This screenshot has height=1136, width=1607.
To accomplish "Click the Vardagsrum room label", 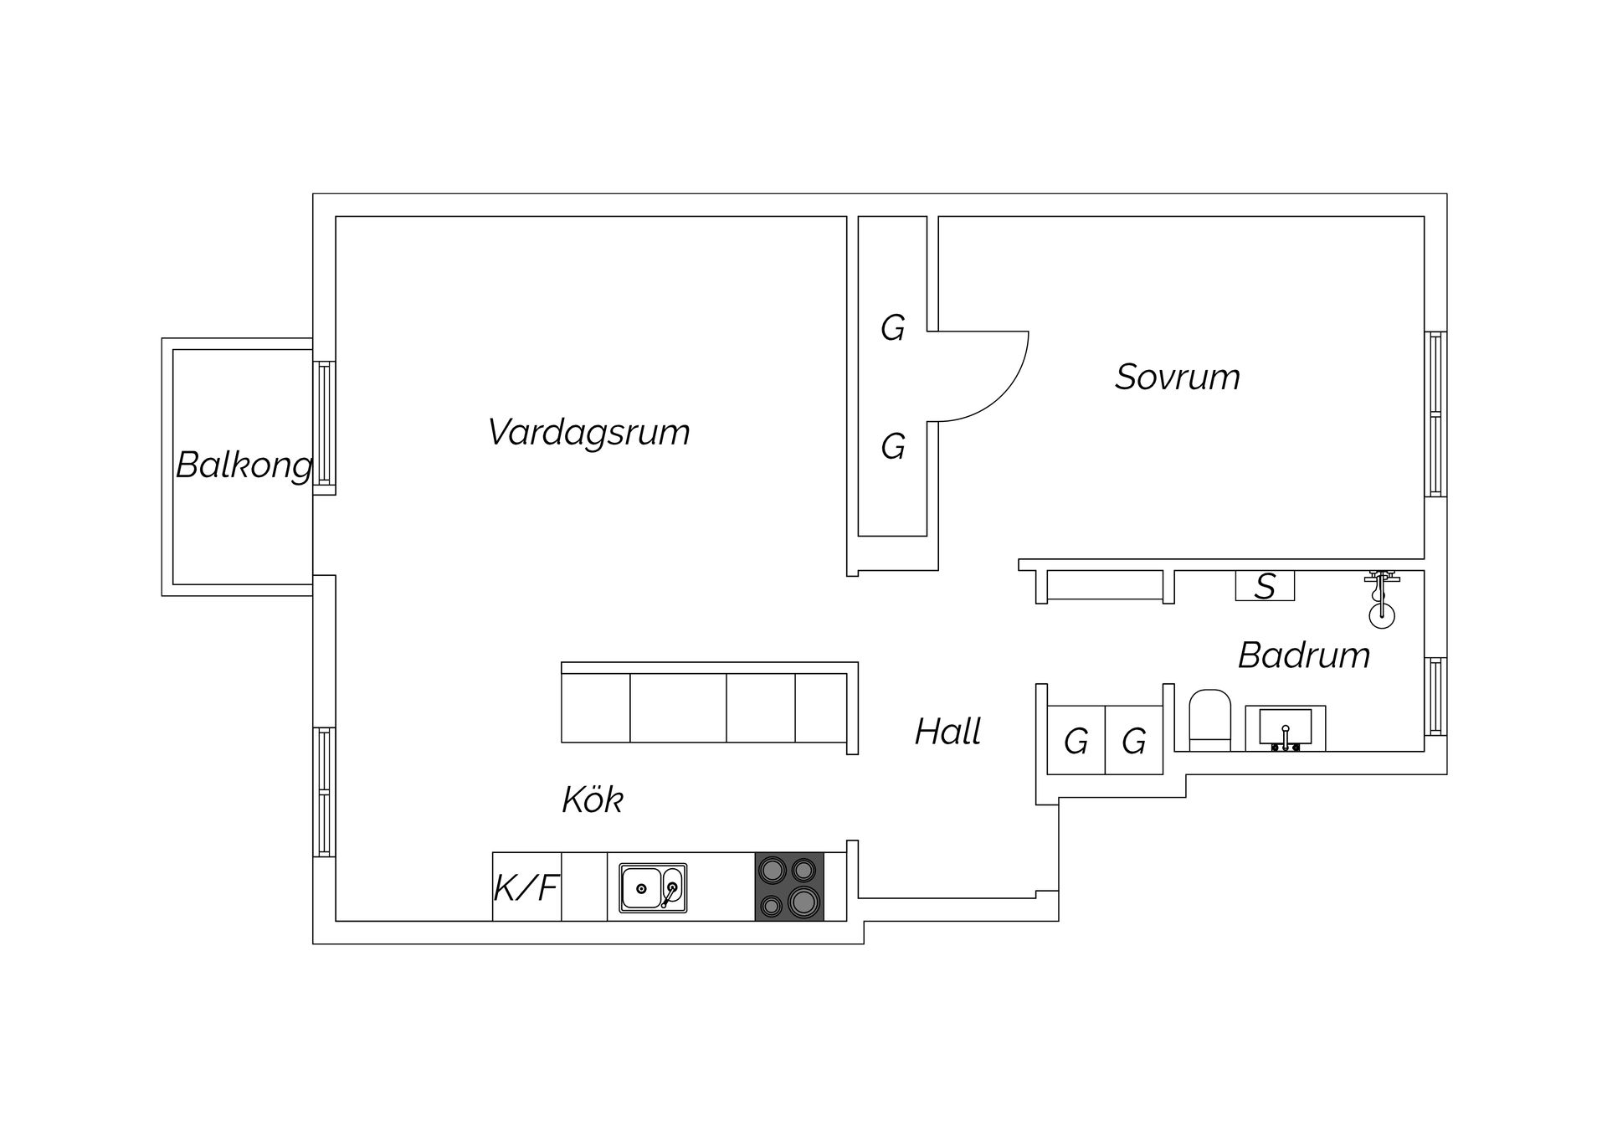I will [x=588, y=433].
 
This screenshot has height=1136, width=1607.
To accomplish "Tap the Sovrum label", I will [x=1177, y=378].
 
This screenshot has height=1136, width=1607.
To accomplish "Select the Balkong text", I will [x=244, y=465].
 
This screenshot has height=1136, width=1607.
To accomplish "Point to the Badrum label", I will [x=1303, y=655].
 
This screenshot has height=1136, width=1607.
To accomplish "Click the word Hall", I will [x=947, y=732].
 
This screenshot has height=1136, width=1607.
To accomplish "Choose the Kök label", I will [x=593, y=800].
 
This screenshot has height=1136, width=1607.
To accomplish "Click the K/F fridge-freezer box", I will [x=526, y=887].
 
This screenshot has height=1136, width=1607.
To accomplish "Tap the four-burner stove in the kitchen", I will [x=789, y=887].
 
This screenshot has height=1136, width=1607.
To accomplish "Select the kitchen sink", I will [x=653, y=888].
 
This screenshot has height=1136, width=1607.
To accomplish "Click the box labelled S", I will [x=1265, y=586].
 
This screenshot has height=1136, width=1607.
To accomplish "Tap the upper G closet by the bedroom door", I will [x=892, y=328].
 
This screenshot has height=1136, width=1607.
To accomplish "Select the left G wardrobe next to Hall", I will [x=1076, y=741].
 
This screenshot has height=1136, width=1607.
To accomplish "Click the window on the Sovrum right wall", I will [x=1435, y=414].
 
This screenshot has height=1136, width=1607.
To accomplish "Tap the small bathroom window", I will [x=1435, y=697].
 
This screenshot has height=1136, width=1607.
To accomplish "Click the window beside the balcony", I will [x=324, y=424].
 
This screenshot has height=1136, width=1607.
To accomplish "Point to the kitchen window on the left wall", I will [x=324, y=792].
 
